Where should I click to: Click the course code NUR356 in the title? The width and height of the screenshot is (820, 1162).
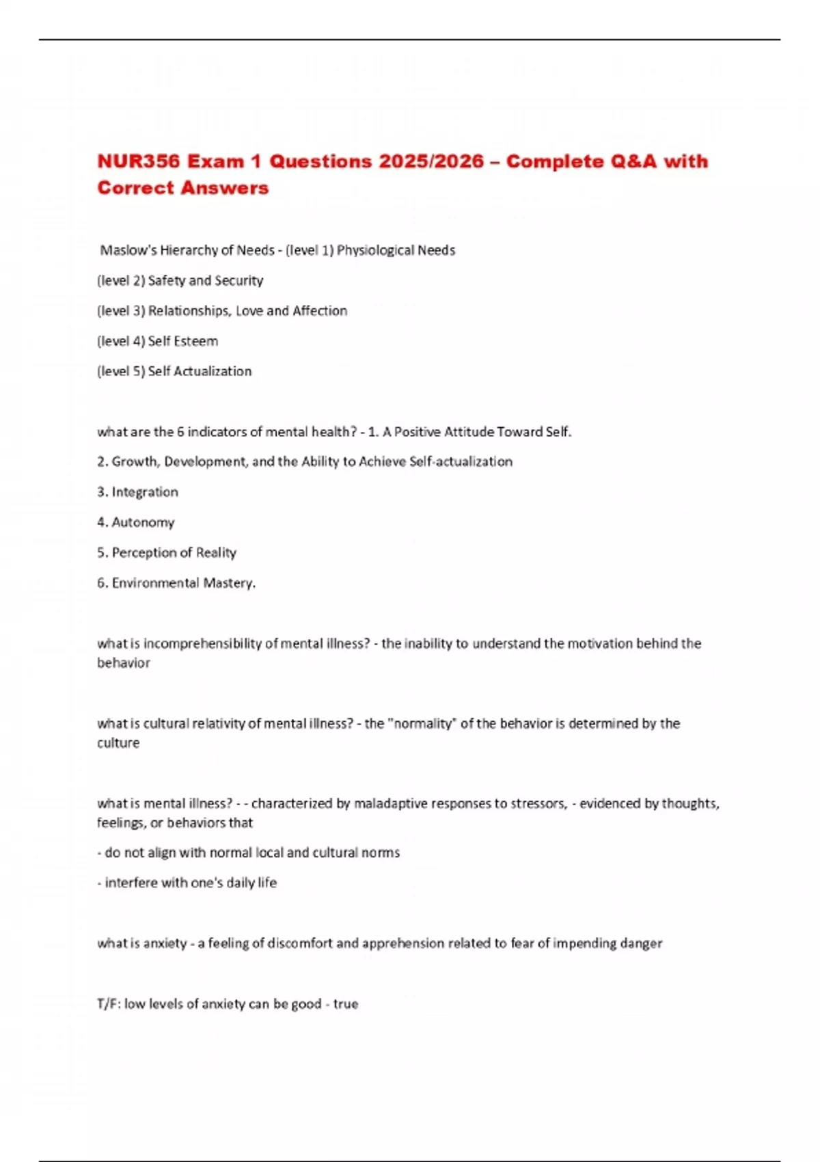[x=139, y=162]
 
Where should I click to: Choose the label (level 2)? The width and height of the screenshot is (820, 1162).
[x=121, y=280]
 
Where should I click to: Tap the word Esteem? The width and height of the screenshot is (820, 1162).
[x=200, y=341]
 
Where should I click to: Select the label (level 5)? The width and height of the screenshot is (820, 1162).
[x=121, y=371]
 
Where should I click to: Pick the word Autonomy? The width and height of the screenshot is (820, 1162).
[x=143, y=522]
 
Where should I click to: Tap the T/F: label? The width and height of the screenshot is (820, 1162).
[x=109, y=1004]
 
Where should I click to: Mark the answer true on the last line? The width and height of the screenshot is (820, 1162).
[x=346, y=1004]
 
